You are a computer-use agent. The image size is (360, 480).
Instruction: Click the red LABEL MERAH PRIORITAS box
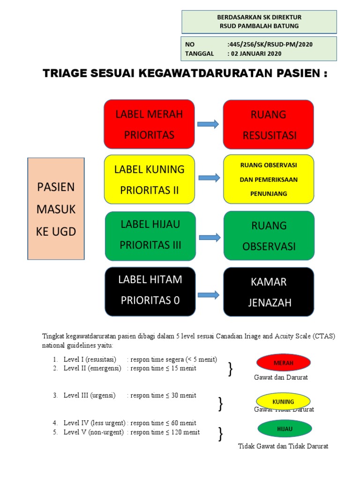coord(149,124)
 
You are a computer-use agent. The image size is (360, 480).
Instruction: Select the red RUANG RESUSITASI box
coord(269,124)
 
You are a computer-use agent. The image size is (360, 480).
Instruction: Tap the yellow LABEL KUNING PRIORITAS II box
coord(149,180)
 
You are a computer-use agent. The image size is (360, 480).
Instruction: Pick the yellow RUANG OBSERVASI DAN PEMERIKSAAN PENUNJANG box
coord(269,179)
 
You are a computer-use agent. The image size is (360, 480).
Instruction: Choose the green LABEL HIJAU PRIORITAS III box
coord(150,235)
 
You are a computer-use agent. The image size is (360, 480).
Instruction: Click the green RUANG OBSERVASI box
coord(269,235)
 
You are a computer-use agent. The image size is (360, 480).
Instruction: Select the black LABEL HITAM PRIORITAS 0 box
coord(150,291)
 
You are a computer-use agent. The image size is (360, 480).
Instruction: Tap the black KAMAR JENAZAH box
coord(269,292)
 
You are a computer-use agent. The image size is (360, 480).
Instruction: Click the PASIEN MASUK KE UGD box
coord(56,209)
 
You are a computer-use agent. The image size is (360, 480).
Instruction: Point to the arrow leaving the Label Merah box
coord(208,124)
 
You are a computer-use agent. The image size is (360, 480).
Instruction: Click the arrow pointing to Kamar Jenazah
coord(209,295)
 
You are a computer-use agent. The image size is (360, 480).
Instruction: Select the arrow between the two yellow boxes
coord(209,178)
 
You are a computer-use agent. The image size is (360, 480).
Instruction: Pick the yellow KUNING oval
coord(283,402)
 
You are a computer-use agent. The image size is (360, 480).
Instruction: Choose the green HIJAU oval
coord(284,428)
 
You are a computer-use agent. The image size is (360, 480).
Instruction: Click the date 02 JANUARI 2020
coord(255,53)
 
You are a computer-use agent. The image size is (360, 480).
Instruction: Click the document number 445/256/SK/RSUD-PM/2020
coord(270,45)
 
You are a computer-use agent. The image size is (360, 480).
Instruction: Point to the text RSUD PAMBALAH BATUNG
coord(259,26)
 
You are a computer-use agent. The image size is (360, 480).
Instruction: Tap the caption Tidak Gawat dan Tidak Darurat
coord(283,446)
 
